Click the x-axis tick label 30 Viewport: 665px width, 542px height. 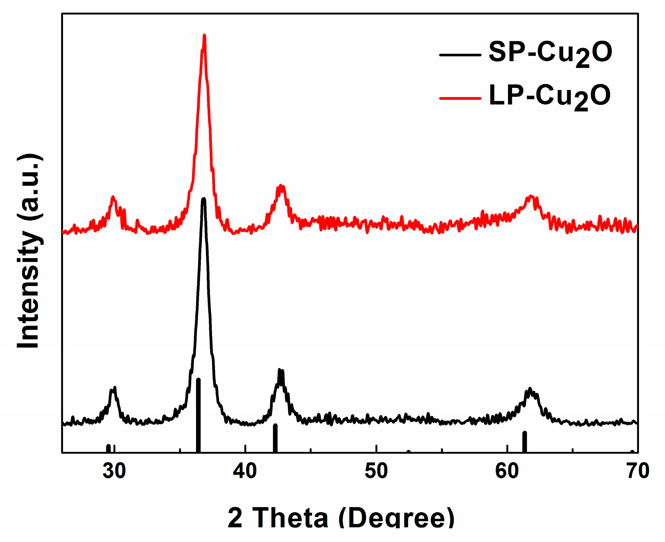click(114, 471)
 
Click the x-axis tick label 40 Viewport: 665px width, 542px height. click(245, 471)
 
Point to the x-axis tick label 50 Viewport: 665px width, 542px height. click(376, 471)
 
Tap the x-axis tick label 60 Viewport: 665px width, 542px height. click(507, 471)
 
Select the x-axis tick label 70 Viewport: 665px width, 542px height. click(638, 471)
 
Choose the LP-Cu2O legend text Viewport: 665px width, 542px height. click(549, 97)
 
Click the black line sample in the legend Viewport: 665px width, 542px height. click(460, 55)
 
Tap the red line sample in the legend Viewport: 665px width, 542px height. click(460, 98)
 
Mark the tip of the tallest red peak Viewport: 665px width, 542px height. click(204, 35)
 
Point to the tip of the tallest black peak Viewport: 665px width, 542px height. click(203, 199)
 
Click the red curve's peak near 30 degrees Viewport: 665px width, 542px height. click(113, 197)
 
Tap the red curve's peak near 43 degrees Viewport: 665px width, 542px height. click(280, 185)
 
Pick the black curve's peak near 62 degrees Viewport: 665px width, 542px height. click(530, 389)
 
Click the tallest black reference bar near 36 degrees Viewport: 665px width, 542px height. click(198, 415)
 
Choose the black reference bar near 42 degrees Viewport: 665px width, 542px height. click(275, 438)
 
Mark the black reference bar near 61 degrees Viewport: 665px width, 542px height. click(525, 441)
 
